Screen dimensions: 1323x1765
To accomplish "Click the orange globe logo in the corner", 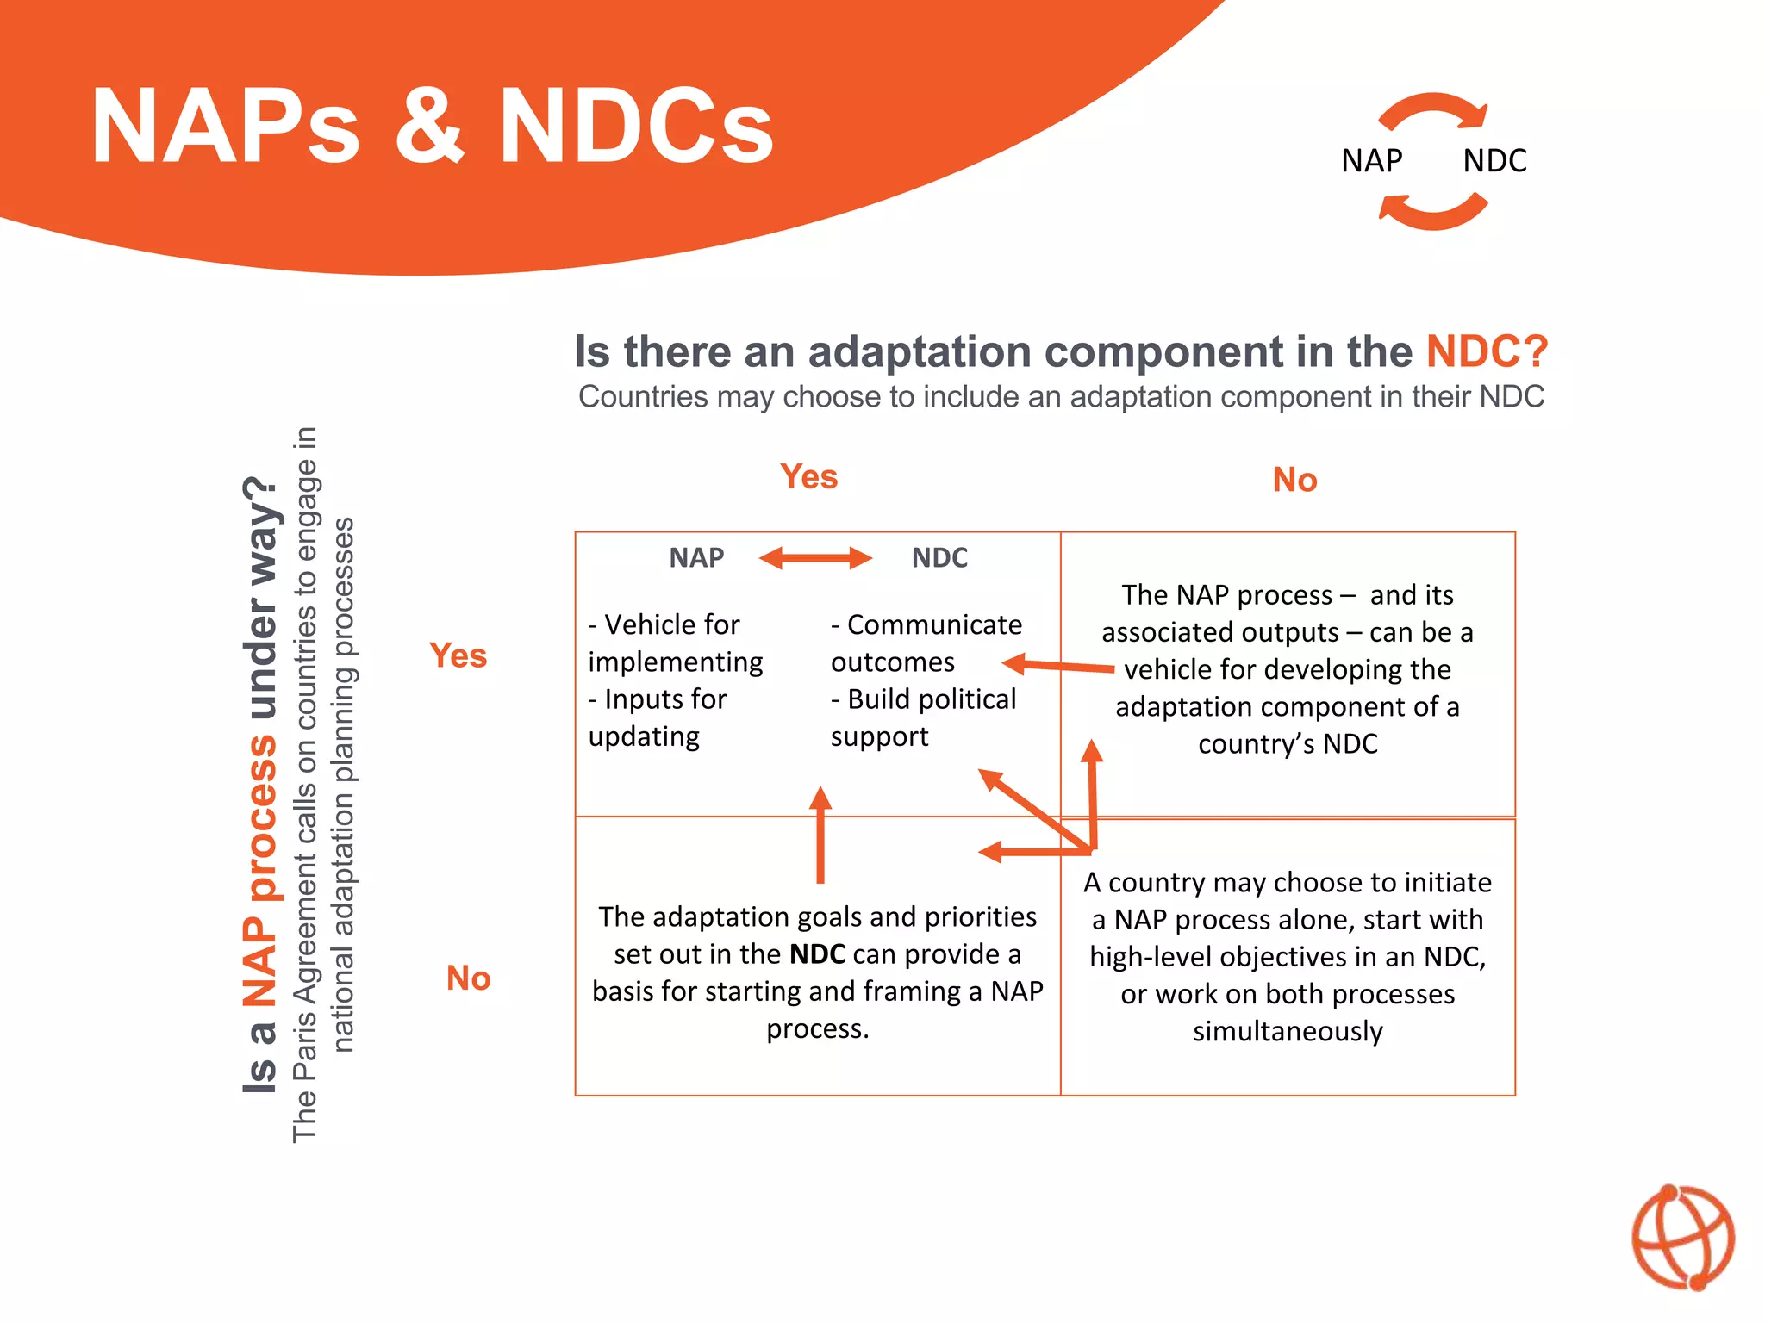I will click(x=1682, y=1237).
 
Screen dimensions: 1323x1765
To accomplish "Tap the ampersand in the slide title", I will click(x=429, y=127).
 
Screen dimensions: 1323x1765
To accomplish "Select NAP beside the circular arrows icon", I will click(x=1371, y=161).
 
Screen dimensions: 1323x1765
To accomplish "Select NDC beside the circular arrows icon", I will click(x=1494, y=161).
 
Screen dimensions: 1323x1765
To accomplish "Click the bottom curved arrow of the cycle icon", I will click(x=1432, y=213).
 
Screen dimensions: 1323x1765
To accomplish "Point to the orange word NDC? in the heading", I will click(x=1487, y=351).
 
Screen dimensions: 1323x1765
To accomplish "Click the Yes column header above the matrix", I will click(x=808, y=476).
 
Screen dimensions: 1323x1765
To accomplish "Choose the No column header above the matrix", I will click(x=1294, y=480).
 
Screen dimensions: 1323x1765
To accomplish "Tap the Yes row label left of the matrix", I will click(x=458, y=655).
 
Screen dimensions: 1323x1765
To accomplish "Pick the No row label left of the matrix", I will click(x=468, y=978).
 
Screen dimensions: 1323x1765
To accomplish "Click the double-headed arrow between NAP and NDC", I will click(x=815, y=558).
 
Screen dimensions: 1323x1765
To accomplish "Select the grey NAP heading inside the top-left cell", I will click(x=696, y=558).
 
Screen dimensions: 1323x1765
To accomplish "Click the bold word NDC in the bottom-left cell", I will click(x=817, y=954).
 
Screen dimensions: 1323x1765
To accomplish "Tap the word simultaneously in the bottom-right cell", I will click(x=1288, y=1031).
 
